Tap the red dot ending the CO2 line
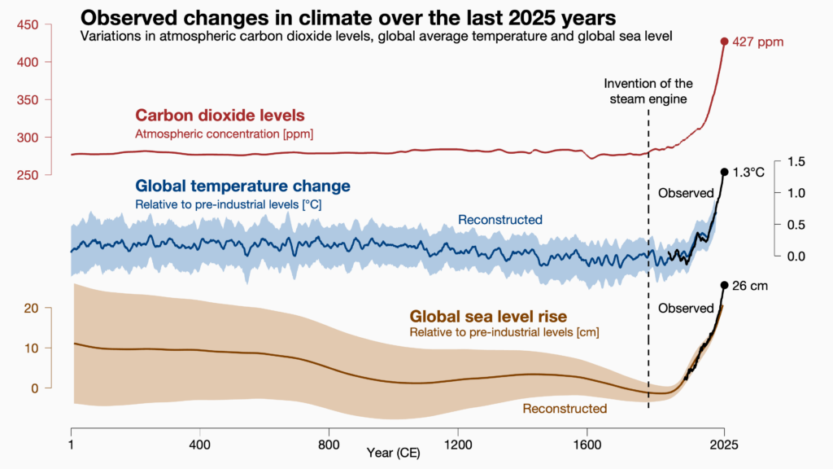tap(724, 42)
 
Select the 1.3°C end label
tap(749, 173)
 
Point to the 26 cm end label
tap(750, 286)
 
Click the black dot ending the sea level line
tap(724, 285)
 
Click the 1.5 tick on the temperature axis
tap(796, 162)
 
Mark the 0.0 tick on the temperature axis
tap(796, 256)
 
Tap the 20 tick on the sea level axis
tap(32, 308)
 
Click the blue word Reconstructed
tap(499, 220)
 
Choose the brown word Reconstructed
tap(565, 408)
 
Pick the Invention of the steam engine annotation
tap(648, 91)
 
